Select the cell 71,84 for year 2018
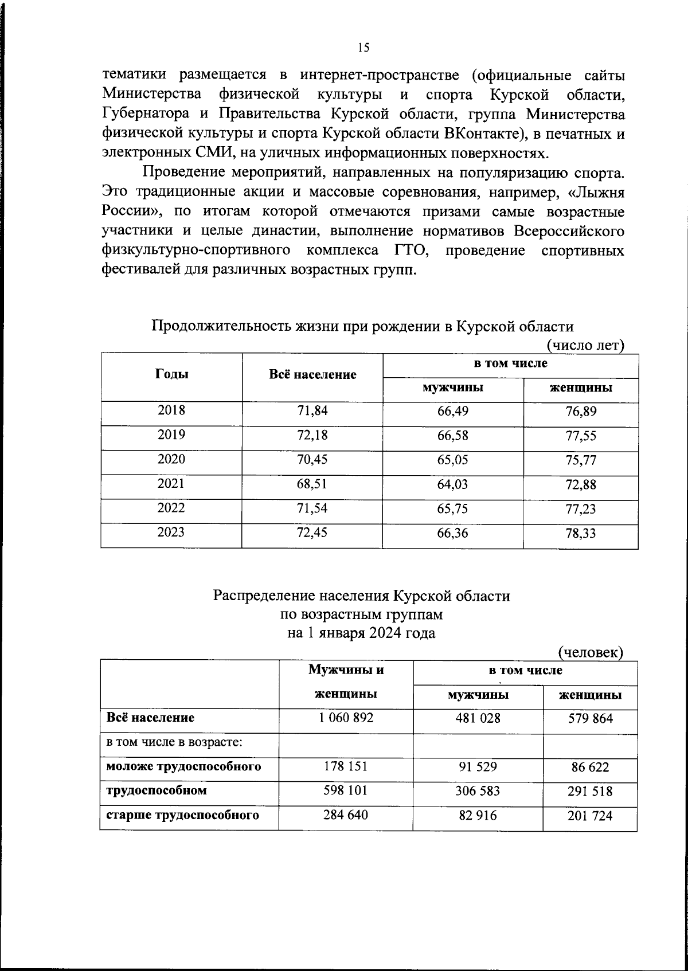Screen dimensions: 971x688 pos(312,410)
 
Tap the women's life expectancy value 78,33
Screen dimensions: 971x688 pos(580,534)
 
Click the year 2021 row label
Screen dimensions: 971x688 pos(171,484)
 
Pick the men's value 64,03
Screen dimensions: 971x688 pos(452,484)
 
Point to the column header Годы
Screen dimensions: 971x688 pos(171,374)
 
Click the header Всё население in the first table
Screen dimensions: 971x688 pos(312,374)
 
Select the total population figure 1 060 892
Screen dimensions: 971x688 pos(346,718)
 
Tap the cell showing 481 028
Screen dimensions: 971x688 pos(478,718)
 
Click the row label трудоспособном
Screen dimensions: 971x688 pos(157,790)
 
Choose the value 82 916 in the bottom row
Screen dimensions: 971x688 pos(478,815)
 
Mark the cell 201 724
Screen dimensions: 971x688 pos(590,815)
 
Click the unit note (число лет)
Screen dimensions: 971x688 pos(585,345)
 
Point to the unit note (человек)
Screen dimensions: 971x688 pos(591,652)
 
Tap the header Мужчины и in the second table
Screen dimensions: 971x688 pos(346,669)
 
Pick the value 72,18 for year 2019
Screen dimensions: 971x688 pos(312,435)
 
